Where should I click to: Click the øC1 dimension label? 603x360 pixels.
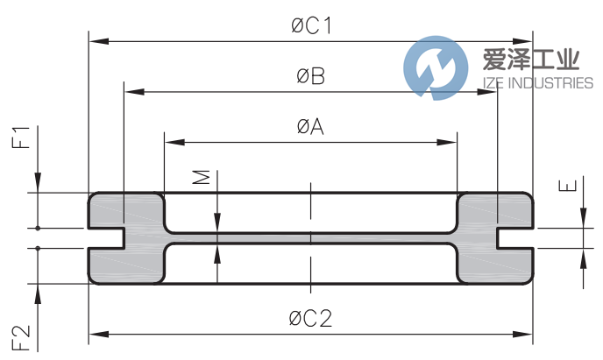[x=311, y=26]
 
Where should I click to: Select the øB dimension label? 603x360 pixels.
[x=310, y=77]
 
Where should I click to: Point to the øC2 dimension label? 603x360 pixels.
[x=311, y=318]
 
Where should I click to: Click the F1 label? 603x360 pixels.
[x=24, y=138]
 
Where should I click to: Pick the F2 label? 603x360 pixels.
[x=24, y=337]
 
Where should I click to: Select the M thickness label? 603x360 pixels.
[x=202, y=178]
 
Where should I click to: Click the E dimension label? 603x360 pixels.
[x=568, y=186]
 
